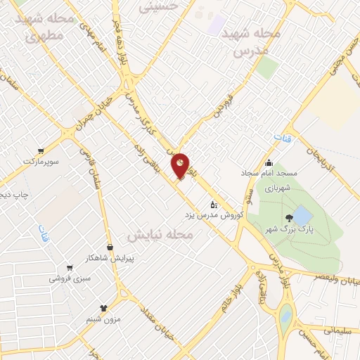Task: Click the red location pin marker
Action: click(181, 166)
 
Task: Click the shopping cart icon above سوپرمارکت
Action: click(41, 150)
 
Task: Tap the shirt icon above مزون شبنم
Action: click(105, 308)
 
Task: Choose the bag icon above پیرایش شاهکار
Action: click(110, 247)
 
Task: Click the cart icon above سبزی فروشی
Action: click(69, 267)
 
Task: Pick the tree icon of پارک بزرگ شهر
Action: click(289, 219)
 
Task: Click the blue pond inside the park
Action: click(302, 214)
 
